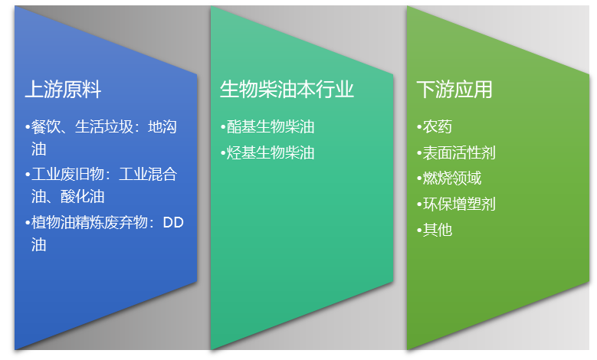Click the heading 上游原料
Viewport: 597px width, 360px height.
coord(63,90)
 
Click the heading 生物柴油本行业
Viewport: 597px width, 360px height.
coord(287,90)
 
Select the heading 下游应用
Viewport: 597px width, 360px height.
coord(454,90)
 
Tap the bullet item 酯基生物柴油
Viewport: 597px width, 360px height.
coord(271,127)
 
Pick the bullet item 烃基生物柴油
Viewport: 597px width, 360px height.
coord(271,152)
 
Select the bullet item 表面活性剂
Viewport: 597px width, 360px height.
coord(458,152)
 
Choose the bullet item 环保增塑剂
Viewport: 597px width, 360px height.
coord(458,204)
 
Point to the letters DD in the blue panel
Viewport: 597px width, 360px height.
coord(173,223)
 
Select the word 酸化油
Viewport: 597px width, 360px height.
coord(82,197)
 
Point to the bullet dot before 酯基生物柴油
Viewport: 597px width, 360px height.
coord(223,127)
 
